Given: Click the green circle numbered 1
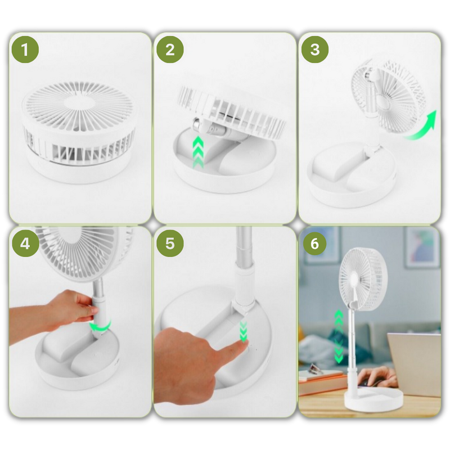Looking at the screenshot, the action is click(25, 49).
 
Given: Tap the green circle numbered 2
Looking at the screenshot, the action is click(170, 49).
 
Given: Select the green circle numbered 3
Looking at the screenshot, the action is click(315, 49).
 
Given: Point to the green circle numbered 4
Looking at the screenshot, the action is click(25, 244).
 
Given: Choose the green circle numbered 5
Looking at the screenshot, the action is click(170, 244).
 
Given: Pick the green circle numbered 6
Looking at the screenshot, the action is click(315, 244).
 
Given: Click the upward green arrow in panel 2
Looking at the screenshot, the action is click(198, 152).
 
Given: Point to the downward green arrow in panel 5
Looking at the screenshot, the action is click(244, 332).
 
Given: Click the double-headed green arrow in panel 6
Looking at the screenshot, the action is click(339, 336).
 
